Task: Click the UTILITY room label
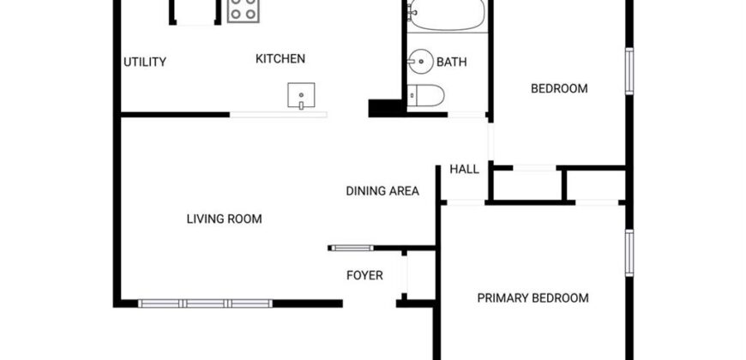pyautogui.click(x=145, y=62)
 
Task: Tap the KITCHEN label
pyautogui.click(x=280, y=58)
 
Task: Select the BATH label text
pyautogui.click(x=452, y=62)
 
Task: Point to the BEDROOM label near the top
pyautogui.click(x=559, y=88)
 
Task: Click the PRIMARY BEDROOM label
pyautogui.click(x=532, y=298)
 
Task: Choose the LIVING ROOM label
pyautogui.click(x=224, y=219)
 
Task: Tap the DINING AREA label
pyautogui.click(x=382, y=191)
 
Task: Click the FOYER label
pyautogui.click(x=364, y=275)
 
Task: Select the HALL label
pyautogui.click(x=465, y=170)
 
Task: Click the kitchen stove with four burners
pyautogui.click(x=244, y=9)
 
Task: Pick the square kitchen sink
pyautogui.click(x=301, y=95)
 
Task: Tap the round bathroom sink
pyautogui.click(x=420, y=62)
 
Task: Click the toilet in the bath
pyautogui.click(x=426, y=96)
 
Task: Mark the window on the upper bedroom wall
pyautogui.click(x=629, y=71)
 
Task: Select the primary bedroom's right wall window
pyautogui.click(x=629, y=253)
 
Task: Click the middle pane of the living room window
pyautogui.click(x=206, y=303)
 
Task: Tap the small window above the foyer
pyautogui.click(x=352, y=248)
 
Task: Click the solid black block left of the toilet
pyautogui.click(x=385, y=108)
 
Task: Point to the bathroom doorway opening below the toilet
pyautogui.click(x=466, y=115)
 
